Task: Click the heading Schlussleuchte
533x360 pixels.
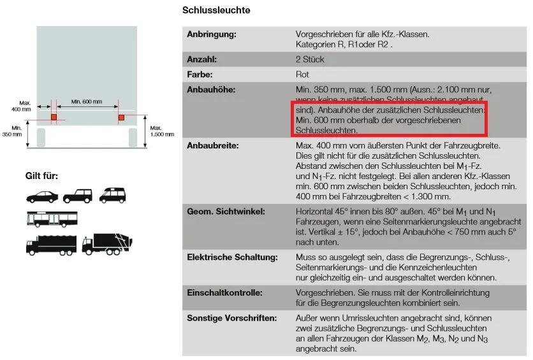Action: [x=216, y=10]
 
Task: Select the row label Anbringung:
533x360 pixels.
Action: [x=211, y=34]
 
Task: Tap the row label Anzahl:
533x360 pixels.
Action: [x=202, y=59]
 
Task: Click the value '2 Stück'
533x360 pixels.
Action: [x=310, y=59]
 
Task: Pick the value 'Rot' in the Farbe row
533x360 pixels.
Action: [x=303, y=75]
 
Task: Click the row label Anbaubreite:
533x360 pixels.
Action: [x=212, y=146]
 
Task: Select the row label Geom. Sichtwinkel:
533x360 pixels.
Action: [x=225, y=211]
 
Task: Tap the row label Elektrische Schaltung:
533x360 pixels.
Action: [x=231, y=257]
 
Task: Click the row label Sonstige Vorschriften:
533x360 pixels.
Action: [x=231, y=317]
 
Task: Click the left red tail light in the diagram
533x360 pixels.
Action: [x=54, y=117]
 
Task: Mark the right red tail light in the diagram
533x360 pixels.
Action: [x=121, y=117]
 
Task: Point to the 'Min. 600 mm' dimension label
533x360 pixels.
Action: [x=87, y=101]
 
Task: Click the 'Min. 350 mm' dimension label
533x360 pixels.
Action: [x=12, y=131]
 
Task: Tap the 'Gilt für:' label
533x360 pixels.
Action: [x=41, y=175]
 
